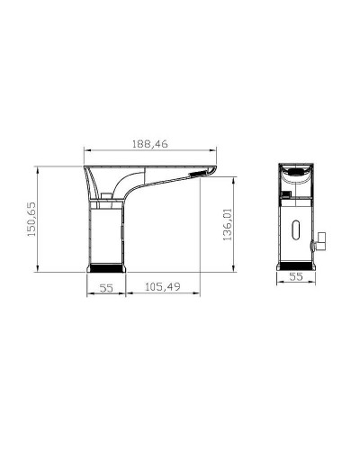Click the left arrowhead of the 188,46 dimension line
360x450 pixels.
tap(86, 149)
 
